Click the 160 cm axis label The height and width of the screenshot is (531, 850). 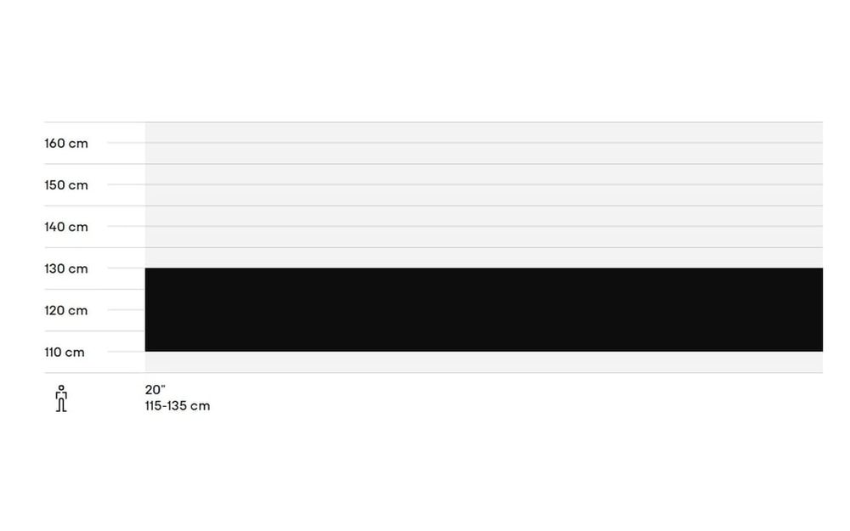[66, 144]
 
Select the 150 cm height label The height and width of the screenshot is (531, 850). [66, 185]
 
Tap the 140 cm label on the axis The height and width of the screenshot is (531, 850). [66, 227]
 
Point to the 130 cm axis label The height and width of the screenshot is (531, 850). [66, 268]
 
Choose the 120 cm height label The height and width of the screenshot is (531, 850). [66, 310]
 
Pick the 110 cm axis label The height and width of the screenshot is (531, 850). [65, 353]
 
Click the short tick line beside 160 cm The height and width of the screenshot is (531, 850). [126, 143]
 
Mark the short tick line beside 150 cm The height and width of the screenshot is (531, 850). [126, 184]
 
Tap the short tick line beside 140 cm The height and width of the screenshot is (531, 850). [126, 226]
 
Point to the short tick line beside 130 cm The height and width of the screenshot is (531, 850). [126, 268]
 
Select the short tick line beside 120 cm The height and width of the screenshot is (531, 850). [126, 309]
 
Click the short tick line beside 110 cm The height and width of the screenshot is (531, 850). [126, 351]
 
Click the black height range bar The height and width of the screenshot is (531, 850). [484, 309]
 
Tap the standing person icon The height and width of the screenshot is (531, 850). [61, 398]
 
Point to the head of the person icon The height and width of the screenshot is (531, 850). [61, 388]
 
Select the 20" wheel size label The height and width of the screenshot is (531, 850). [155, 390]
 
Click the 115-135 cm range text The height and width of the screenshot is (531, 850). [178, 406]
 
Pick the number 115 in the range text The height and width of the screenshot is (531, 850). [153, 406]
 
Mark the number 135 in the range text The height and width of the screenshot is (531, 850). [174, 406]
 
